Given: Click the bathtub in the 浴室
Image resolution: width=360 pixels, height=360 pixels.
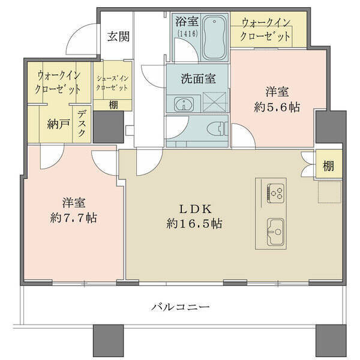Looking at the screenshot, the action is click(x=214, y=38).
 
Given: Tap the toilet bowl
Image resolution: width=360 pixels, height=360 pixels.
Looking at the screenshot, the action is click(x=217, y=129).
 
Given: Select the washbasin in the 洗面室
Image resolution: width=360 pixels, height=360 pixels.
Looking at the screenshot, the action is click(x=184, y=104).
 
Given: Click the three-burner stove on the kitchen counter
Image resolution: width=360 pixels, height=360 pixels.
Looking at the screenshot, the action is click(x=275, y=193).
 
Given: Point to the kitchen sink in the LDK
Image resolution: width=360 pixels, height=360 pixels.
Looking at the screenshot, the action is click(x=275, y=232).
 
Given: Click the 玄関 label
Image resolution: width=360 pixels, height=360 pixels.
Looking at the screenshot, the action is click(x=118, y=36).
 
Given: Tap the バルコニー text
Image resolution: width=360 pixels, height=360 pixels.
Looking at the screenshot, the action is click(x=180, y=307).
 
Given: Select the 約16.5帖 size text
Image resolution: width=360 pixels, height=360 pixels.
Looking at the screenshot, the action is click(x=194, y=223).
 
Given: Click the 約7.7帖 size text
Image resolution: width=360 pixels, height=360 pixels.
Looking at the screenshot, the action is click(x=74, y=217).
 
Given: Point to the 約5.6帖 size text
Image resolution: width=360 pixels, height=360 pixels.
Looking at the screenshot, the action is click(x=277, y=107).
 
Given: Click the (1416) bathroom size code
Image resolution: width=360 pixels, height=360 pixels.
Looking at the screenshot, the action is click(x=187, y=34).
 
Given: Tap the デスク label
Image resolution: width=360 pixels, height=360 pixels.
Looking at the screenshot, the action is click(x=82, y=123).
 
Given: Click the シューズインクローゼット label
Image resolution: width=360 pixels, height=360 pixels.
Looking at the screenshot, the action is click(x=112, y=83).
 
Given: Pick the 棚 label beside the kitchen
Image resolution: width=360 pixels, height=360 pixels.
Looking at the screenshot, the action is click(x=328, y=166).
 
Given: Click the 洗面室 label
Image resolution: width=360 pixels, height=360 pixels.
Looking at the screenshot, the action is click(x=198, y=79).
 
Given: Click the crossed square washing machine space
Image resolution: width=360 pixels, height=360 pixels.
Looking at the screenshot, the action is click(x=215, y=102).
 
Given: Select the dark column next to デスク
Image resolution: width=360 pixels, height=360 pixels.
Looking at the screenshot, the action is click(x=108, y=127).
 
